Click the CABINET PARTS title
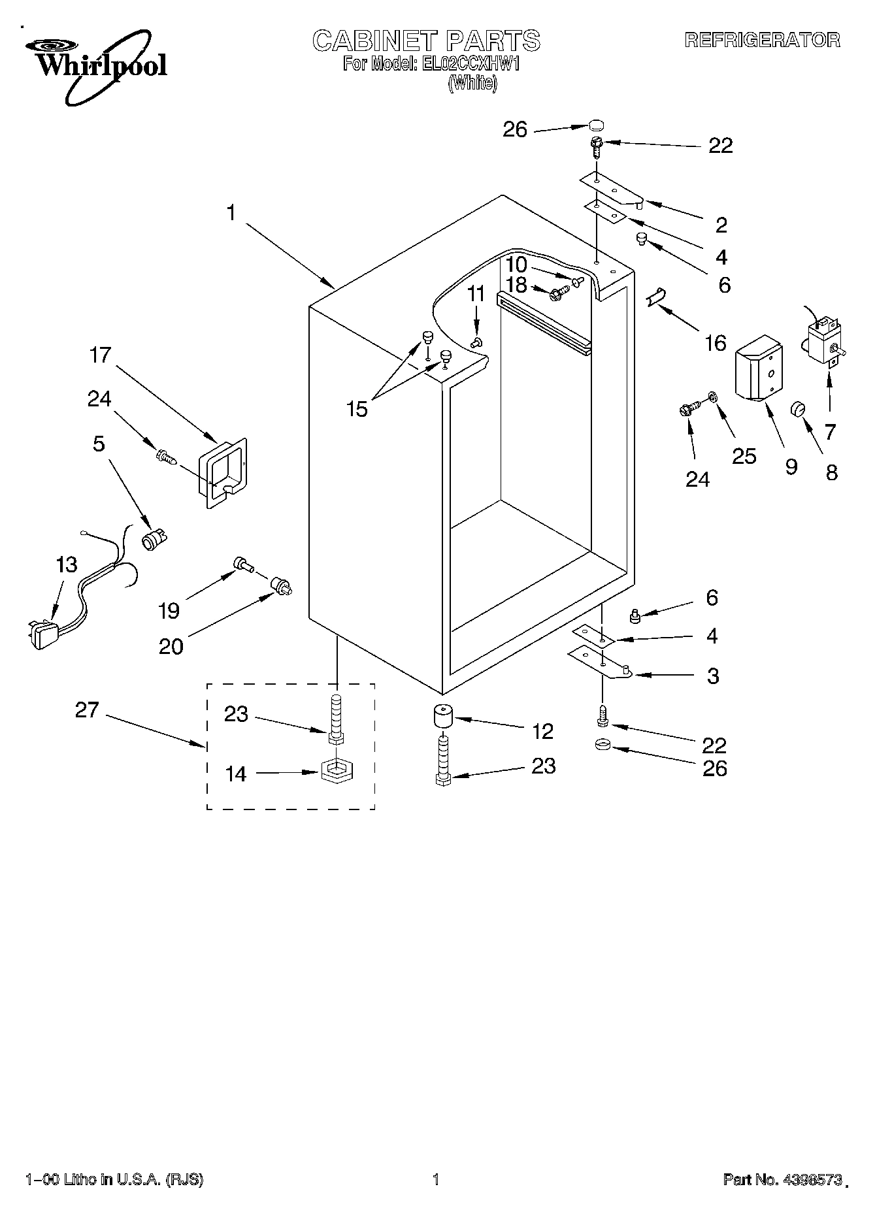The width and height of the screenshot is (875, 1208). coord(426,41)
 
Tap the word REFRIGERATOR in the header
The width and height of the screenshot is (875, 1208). coord(762,40)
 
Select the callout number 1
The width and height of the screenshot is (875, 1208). coord(231,213)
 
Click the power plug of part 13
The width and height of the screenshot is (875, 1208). coord(42,634)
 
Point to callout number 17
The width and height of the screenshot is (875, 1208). coord(101,355)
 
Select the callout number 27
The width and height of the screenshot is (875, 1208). coord(86,710)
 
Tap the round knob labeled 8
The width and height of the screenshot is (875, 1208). coord(798,409)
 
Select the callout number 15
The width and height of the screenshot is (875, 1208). coord(357,409)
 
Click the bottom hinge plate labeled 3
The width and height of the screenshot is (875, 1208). coord(599,662)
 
